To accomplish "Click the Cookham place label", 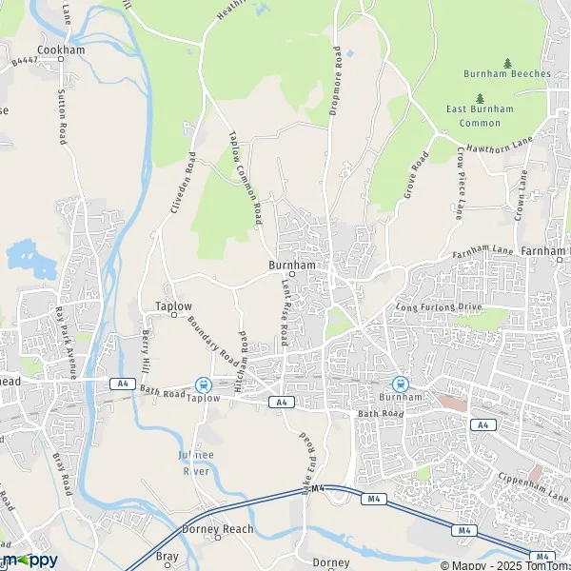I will (62, 49).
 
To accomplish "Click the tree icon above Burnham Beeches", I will (507, 62).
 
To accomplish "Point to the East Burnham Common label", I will (479, 116).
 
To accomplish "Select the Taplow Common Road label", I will (246, 179).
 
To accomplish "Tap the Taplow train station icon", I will (203, 384).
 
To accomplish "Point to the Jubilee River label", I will (194, 463).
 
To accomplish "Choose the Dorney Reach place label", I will (218, 528).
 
